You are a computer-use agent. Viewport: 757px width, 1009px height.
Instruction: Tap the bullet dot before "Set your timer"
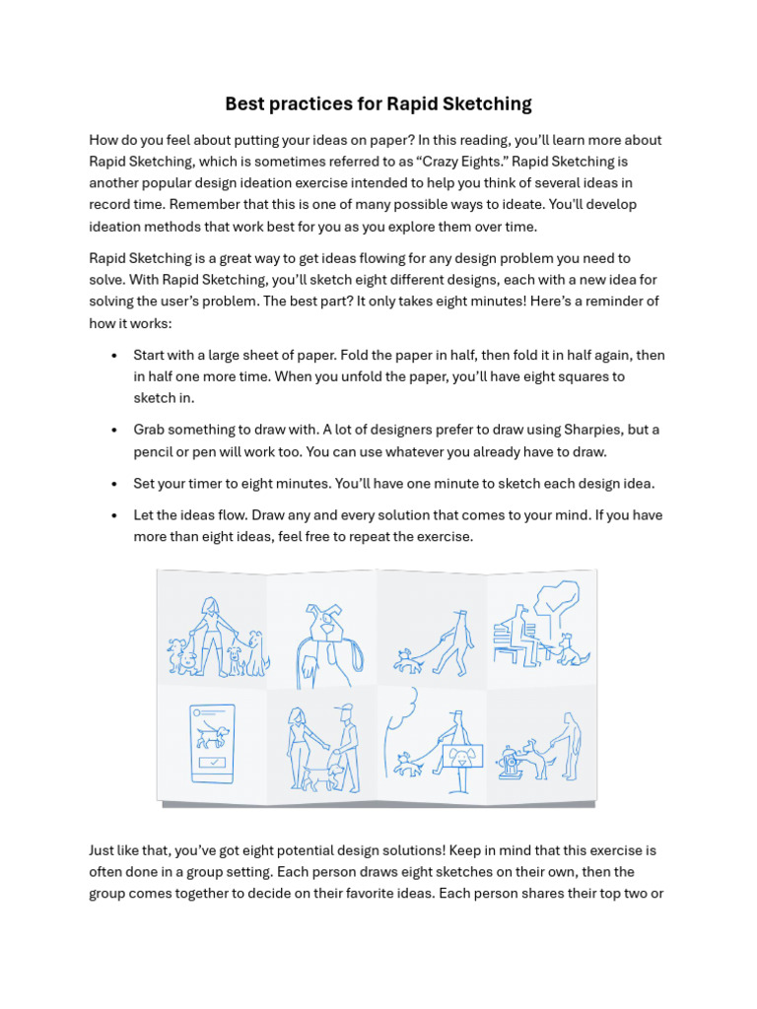pyautogui.click(x=115, y=484)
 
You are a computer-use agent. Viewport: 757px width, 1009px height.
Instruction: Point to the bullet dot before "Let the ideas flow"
pyautogui.click(x=115, y=515)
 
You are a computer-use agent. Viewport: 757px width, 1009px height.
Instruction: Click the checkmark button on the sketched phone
pyautogui.click(x=212, y=763)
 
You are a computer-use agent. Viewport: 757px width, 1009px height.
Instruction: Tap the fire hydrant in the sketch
pyautogui.click(x=509, y=763)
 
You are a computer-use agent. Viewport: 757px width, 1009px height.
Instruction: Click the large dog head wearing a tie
pyautogui.click(x=324, y=627)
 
